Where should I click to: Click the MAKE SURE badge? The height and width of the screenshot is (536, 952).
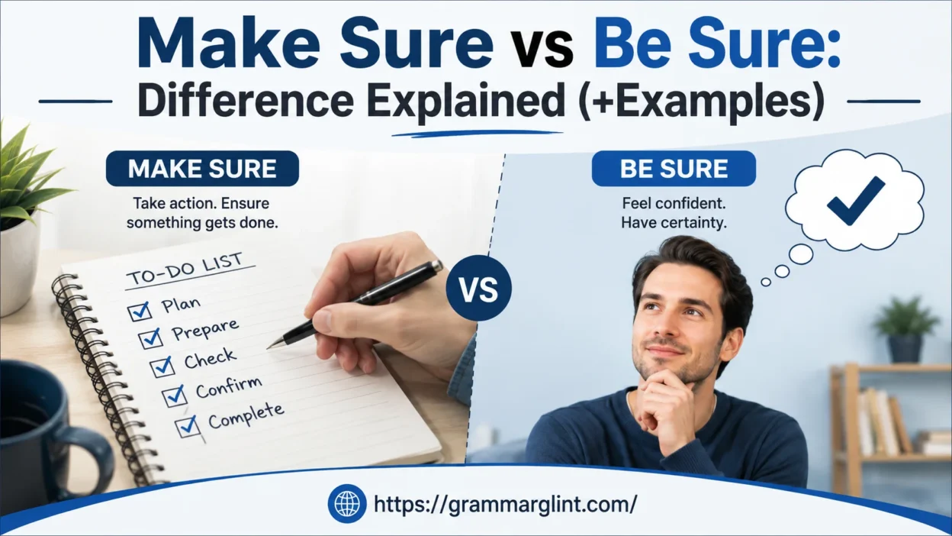point(202,169)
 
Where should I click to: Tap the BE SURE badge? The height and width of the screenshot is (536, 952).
point(674,169)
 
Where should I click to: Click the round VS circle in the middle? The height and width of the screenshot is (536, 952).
point(479,289)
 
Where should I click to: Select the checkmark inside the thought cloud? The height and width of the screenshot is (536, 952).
point(856,201)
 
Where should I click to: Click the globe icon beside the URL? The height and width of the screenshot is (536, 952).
point(347,504)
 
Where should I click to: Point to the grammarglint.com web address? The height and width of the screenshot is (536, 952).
point(505,504)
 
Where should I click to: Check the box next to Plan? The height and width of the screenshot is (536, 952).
point(140,311)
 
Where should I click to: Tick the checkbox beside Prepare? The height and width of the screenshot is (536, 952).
point(150,338)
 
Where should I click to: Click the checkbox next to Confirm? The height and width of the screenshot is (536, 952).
point(175,396)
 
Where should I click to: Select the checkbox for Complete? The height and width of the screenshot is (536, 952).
point(188,426)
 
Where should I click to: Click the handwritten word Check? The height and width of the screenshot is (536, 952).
point(210,359)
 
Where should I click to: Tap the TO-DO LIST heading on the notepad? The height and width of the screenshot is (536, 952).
point(185,270)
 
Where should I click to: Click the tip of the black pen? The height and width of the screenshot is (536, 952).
point(269,348)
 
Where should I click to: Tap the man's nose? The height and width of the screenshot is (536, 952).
point(668,330)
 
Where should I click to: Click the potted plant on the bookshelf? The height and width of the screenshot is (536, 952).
point(905,330)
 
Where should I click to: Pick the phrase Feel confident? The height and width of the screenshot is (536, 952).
point(674,203)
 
